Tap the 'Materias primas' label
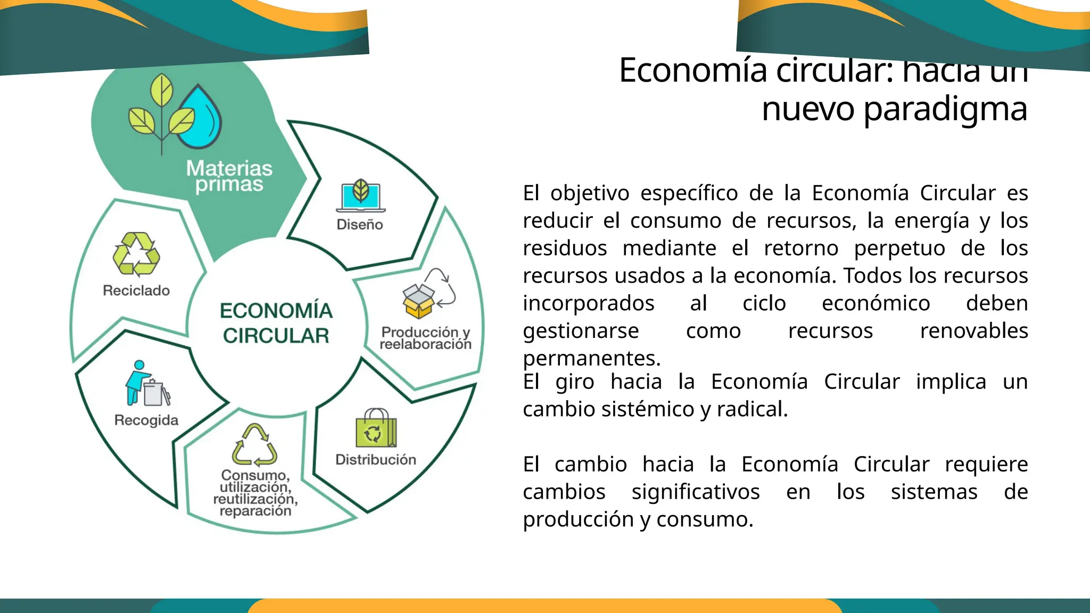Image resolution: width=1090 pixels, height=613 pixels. coord(229,176)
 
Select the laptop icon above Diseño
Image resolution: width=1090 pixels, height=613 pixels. coord(360,196)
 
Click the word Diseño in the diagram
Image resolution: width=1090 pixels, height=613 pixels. coord(360,225)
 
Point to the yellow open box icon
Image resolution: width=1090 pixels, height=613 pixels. coord(419,301)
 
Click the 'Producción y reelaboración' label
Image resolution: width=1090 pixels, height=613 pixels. coord(425,338)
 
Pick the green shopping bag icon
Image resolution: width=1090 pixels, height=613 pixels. coord(376,429)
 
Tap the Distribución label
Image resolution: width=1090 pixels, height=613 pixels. coord(376,460)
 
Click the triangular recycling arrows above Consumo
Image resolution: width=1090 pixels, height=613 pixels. coord(254,445)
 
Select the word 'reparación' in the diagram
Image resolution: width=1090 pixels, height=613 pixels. coord(255,511)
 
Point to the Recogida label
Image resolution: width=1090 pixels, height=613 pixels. coord(146,420)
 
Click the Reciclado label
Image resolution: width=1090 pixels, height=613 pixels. coord(136,291)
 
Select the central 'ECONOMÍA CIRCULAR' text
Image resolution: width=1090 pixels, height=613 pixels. coord(276,323)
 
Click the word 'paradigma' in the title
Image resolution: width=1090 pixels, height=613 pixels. coord(945,109)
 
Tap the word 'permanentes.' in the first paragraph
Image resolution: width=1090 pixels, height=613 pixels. coord(591,358)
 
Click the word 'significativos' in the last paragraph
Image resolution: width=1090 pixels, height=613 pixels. coord(695,492)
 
